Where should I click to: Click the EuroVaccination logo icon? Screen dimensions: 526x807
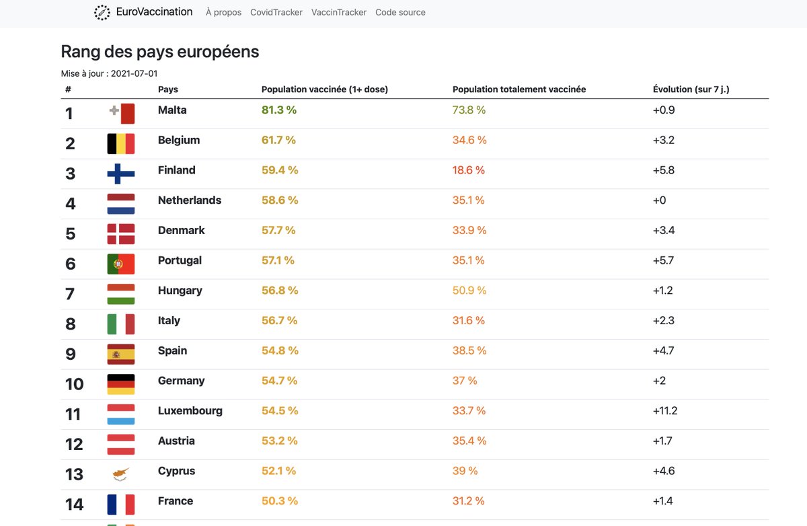[x=102, y=12]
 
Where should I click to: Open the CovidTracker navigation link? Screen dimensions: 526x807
[x=276, y=12]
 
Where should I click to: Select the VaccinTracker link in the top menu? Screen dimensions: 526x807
[x=339, y=12]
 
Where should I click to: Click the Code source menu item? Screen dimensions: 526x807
[x=400, y=12]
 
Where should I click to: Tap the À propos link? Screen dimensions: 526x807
[x=223, y=12]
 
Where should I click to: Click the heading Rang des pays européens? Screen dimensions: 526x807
[x=160, y=52]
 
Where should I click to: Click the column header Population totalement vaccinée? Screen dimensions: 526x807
[x=519, y=89]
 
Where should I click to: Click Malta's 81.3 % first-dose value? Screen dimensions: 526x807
[x=278, y=110]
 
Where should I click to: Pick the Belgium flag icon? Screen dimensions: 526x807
[x=121, y=143]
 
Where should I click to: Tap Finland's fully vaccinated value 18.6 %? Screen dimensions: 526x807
[x=469, y=170]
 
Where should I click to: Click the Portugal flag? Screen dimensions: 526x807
[x=121, y=264]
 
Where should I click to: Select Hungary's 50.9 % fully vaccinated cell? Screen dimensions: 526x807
[x=469, y=291]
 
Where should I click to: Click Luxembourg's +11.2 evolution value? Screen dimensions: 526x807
[x=665, y=411]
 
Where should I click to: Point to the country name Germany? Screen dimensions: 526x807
[x=181, y=381]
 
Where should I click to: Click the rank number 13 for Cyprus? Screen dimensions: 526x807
[x=74, y=474]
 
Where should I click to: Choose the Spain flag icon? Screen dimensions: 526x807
[x=121, y=354]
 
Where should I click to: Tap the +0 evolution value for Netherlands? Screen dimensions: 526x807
[x=659, y=200]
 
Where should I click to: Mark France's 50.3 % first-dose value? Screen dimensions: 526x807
[x=279, y=501]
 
